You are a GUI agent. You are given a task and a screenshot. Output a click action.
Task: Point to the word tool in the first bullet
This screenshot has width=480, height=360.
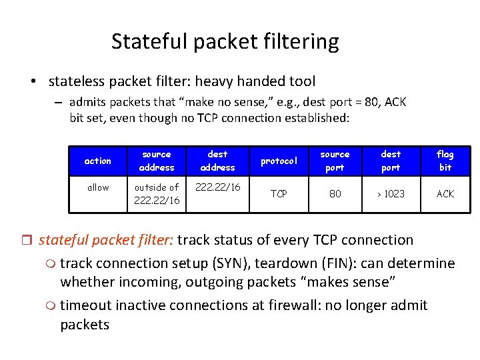click(301, 81)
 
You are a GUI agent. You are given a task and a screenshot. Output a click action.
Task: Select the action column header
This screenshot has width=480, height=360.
click(98, 161)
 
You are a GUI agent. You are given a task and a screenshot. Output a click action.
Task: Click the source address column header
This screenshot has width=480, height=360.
click(157, 161)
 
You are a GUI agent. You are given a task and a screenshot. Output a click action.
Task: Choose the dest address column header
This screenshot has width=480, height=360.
click(217, 161)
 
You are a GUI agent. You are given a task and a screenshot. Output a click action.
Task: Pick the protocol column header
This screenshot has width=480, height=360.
click(279, 161)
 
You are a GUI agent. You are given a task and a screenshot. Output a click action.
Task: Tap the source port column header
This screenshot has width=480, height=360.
click(335, 161)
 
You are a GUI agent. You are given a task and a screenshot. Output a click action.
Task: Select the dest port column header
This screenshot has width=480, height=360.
click(391, 161)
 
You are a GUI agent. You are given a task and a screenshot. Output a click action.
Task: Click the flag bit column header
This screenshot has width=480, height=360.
click(445, 161)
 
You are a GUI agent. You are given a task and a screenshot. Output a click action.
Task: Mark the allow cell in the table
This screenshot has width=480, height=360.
click(98, 187)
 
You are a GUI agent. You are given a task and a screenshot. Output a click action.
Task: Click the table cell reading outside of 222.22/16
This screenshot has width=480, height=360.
click(157, 194)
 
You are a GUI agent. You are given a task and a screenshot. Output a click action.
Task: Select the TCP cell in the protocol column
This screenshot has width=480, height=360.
click(279, 194)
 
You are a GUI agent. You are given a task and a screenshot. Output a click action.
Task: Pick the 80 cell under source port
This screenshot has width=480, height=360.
click(335, 194)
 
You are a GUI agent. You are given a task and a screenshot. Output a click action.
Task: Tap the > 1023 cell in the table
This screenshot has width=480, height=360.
click(391, 194)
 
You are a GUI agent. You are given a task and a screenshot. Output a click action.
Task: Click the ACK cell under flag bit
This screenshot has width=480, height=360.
click(445, 194)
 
